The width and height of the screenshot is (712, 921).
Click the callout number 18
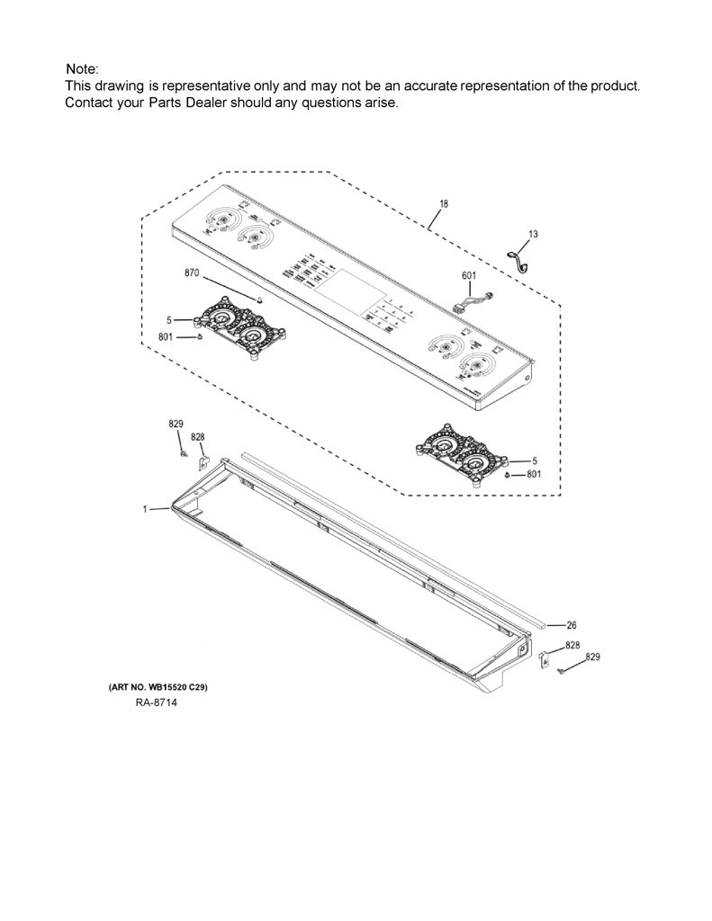(444, 204)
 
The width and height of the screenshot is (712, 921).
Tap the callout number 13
(533, 234)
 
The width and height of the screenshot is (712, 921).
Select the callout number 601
(469, 275)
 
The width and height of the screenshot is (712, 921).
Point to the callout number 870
(192, 273)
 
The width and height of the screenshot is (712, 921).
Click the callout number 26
(571, 625)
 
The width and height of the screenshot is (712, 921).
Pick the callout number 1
(145, 509)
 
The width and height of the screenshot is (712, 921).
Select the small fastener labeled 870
(258, 300)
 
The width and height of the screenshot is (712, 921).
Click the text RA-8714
(157, 702)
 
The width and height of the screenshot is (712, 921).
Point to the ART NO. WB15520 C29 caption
(158, 686)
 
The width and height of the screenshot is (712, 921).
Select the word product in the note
(615, 85)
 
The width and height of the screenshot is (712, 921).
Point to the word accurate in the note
(430, 85)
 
